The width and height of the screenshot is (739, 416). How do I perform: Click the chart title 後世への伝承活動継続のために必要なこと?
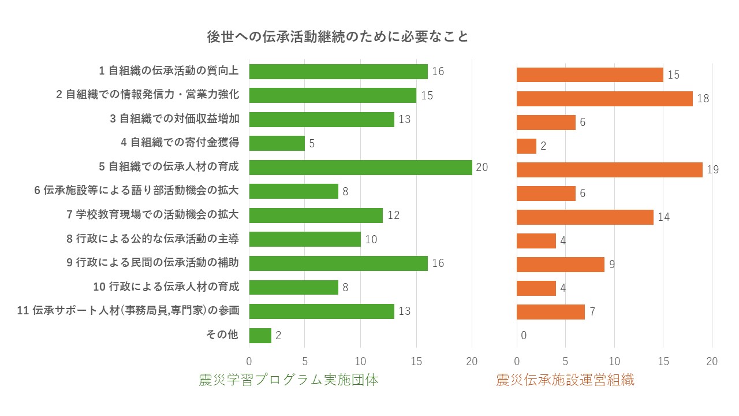[338, 36]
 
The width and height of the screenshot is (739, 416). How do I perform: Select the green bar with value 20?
[360, 168]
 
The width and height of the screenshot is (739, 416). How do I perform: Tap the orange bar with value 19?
[609, 170]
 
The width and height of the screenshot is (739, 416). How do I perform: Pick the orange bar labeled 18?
[604, 99]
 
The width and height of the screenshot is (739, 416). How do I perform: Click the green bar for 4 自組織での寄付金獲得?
[277, 143]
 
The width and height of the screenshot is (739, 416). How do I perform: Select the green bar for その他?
[260, 335]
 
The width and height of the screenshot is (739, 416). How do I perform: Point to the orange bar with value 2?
[526, 146]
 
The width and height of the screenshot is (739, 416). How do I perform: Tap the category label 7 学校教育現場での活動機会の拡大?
[153, 215]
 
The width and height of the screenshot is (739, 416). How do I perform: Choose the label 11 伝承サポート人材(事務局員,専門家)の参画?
[129, 311]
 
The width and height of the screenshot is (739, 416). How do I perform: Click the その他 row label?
[222, 335]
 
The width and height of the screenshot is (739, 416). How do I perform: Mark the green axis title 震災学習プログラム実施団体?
[288, 380]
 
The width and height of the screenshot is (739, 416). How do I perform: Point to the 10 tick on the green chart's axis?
[360, 361]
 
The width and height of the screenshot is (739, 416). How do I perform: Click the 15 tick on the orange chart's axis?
[663, 361]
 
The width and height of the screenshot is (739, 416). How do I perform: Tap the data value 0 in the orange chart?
[523, 336]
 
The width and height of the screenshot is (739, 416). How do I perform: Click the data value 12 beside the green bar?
[393, 216]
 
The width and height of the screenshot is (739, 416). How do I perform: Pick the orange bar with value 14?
[584, 217]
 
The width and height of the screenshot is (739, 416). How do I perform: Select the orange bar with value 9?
[560, 265]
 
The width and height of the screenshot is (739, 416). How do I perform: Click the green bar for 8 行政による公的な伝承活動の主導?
[304, 239]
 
